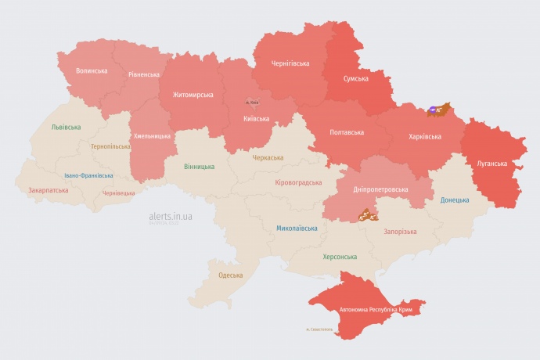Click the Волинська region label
coord(92,70)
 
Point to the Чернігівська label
coord(290,63)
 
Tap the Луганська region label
coord(492,164)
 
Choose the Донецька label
coord(455,200)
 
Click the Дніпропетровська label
coord(380,189)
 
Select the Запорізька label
coord(400,232)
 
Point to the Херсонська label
coord(340,257)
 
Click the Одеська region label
coord(230,275)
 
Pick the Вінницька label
coord(199,167)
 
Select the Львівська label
coord(66,126)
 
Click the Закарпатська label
coord(46,189)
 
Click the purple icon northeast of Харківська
coord(434,110)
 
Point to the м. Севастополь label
coord(319,329)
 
